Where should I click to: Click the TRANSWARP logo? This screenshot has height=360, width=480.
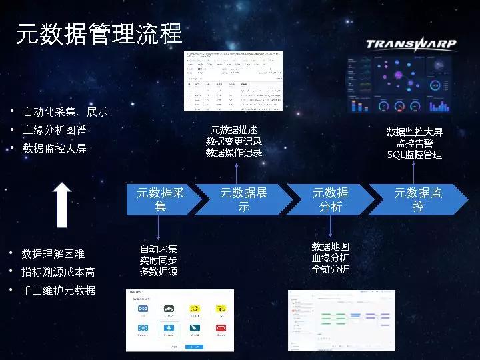[411, 45]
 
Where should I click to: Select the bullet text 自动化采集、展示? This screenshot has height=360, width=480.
[65, 111]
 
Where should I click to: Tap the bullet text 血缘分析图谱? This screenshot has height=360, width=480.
[55, 130]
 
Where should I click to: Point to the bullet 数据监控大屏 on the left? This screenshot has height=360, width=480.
[55, 148]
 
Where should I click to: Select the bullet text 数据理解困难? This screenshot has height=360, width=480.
[53, 254]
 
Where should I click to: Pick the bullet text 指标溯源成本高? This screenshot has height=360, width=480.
[58, 272]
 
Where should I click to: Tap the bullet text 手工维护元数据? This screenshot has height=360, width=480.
[58, 290]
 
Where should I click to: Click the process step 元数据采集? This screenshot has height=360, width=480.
[160, 199]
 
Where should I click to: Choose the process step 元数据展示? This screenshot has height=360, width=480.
[243, 199]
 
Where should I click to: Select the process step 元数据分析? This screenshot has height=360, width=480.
[331, 199]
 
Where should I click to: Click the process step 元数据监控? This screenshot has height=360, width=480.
[418, 199]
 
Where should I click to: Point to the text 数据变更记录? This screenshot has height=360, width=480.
[233, 141]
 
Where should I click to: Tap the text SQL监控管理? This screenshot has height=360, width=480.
[415, 154]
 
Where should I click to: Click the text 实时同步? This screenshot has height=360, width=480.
[158, 260]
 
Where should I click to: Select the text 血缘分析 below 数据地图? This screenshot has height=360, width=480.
[331, 258]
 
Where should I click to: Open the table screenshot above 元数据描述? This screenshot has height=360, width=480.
[233, 81]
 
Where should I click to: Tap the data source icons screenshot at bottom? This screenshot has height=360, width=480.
[180, 321]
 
